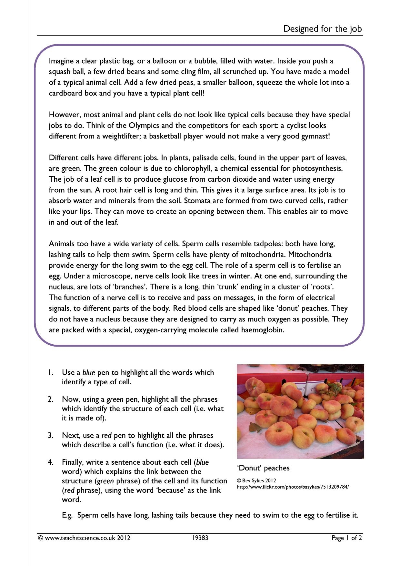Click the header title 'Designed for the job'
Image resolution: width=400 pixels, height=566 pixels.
pyautogui.click(x=322, y=29)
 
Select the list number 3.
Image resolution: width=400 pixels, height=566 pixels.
pyautogui.click(x=51, y=435)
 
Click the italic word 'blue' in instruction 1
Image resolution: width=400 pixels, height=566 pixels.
pyautogui.click(x=89, y=372)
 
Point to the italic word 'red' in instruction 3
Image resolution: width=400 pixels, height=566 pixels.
pyautogui.click(x=106, y=435)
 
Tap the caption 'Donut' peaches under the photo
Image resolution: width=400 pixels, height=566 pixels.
pyautogui.click(x=264, y=468)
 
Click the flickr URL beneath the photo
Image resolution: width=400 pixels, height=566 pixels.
pyautogui.click(x=293, y=487)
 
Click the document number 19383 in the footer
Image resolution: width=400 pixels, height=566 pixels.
pyautogui.click(x=200, y=538)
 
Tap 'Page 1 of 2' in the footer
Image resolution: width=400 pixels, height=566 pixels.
pyautogui.click(x=347, y=538)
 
